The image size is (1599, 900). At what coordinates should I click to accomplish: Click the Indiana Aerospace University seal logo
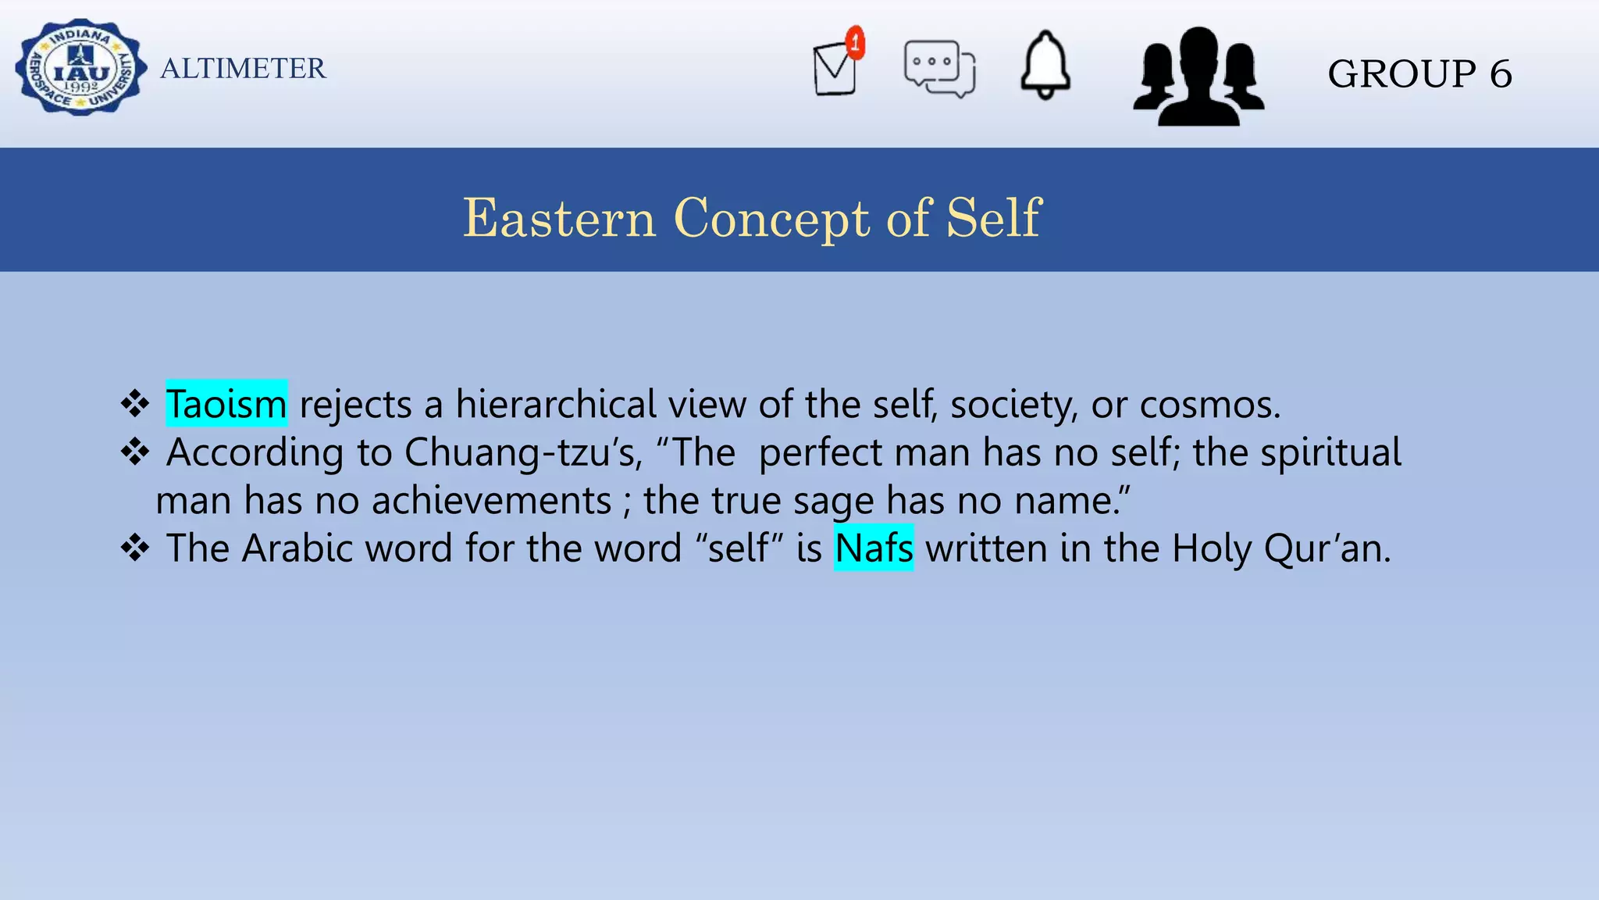pos(80,68)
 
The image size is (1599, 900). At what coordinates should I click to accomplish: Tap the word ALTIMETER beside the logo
pos(243,69)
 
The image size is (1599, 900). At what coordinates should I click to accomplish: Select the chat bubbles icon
pos(939,69)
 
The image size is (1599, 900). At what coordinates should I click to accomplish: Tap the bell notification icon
pos(1045,66)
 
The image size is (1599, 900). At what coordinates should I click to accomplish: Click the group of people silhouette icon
pos(1198,77)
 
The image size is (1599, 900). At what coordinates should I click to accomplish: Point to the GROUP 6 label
pos(1419,74)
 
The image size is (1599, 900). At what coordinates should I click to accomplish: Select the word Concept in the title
pos(771,219)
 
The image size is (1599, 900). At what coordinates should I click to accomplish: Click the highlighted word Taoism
pos(226,404)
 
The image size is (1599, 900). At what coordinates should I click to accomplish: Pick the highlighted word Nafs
pos(874,548)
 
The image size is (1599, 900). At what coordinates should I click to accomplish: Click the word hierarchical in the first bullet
pos(556,404)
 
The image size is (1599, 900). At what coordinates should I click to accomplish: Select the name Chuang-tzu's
pos(523,453)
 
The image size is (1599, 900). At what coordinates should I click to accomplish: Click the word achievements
pos(492,500)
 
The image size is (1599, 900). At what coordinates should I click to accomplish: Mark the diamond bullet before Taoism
pos(135,404)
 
